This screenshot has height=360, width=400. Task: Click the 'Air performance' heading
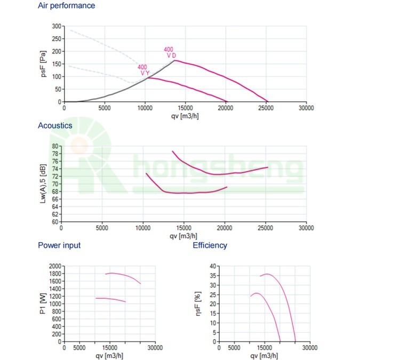(x=67, y=6)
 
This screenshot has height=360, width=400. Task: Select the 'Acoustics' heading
(x=54, y=126)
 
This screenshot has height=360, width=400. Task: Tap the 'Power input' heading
(x=59, y=245)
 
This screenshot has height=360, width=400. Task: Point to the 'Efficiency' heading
(x=210, y=245)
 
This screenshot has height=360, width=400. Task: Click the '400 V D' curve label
(x=170, y=52)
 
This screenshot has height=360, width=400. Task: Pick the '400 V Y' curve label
(x=143, y=70)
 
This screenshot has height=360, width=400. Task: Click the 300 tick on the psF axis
(x=56, y=26)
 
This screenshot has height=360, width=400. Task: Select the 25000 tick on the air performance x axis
(x=266, y=107)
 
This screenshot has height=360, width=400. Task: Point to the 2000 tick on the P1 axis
(x=54, y=266)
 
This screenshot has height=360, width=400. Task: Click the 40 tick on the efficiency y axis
(x=213, y=266)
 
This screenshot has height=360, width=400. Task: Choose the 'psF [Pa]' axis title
(x=44, y=64)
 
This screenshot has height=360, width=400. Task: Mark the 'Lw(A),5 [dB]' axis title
(x=43, y=184)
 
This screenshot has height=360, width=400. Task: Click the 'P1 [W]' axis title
(x=43, y=303)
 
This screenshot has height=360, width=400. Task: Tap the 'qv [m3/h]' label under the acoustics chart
(x=183, y=236)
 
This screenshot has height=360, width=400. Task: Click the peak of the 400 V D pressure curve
(x=175, y=60)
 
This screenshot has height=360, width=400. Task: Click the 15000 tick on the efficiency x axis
(x=264, y=347)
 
